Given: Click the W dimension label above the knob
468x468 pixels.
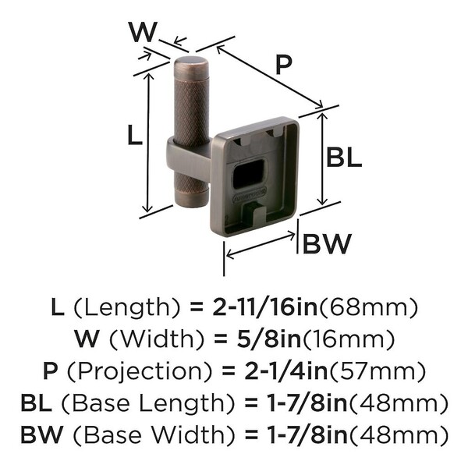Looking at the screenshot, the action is click(x=143, y=32).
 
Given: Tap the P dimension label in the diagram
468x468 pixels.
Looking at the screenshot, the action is click(x=283, y=66).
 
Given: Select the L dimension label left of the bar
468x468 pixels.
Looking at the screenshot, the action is click(x=134, y=135).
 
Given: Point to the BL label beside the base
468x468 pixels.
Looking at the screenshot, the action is click(x=344, y=157).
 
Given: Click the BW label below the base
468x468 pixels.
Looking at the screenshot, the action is click(x=328, y=243).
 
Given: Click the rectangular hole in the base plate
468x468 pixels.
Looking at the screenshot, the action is click(x=248, y=174).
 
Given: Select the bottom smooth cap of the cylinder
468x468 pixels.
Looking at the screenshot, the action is click(x=192, y=197).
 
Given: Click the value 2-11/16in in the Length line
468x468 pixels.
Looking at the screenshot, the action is click(x=264, y=308).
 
